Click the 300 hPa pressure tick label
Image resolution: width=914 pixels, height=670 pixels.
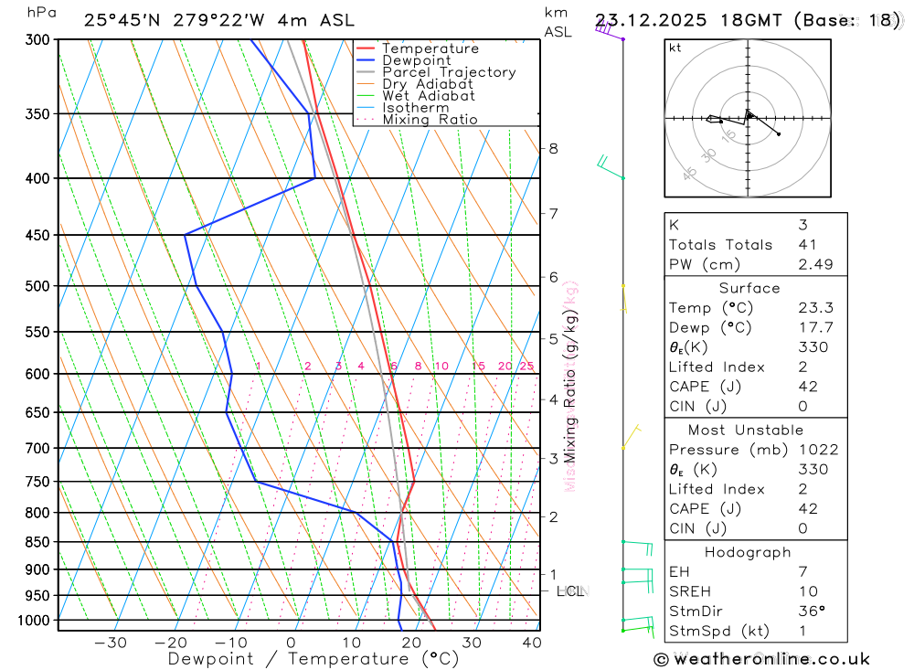[x=37, y=39]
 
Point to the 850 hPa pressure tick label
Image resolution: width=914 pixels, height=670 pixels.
[x=37, y=542]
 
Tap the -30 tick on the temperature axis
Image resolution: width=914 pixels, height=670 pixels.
[x=111, y=643]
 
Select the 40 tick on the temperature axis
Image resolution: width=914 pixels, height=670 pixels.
[x=531, y=643]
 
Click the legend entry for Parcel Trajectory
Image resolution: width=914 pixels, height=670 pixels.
[x=449, y=72]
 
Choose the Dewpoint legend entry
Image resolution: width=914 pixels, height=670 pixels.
[x=417, y=60]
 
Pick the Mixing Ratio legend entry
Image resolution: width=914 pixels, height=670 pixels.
[x=430, y=119]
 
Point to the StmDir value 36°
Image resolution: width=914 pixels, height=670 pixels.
[x=811, y=612]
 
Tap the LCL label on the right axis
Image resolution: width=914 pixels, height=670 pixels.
[x=569, y=591]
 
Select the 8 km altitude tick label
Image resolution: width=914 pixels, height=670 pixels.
[x=553, y=148]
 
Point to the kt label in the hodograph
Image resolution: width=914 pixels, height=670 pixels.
[x=675, y=48]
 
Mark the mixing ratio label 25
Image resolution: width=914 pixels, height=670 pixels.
[x=526, y=367]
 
